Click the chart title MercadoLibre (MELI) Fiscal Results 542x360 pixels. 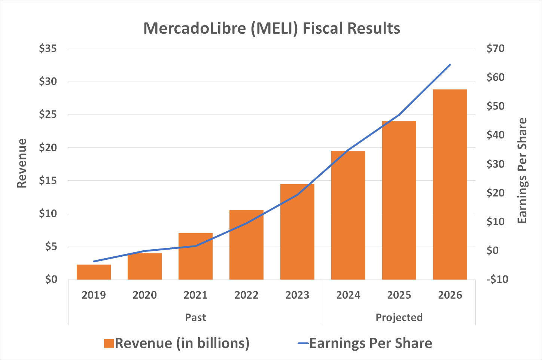[x=272, y=28]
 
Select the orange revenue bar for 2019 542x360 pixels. [x=94, y=272]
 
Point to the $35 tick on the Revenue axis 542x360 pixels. [x=48, y=49]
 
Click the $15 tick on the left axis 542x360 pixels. [x=48, y=181]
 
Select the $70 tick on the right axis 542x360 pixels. [x=495, y=49]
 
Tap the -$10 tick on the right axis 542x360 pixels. [x=497, y=280]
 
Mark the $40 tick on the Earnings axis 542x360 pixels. [x=495, y=135]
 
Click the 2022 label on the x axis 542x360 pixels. [x=246, y=295]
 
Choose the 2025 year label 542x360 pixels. [x=399, y=295]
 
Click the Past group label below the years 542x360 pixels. [x=195, y=318]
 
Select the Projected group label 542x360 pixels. [x=399, y=318]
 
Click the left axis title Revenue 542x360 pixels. [x=22, y=164]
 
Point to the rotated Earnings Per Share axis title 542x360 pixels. [x=522, y=171]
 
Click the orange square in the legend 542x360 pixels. [x=109, y=344]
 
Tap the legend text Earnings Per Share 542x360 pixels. [x=371, y=343]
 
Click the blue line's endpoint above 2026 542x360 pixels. [x=450, y=65]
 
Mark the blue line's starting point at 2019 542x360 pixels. [x=94, y=261]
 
